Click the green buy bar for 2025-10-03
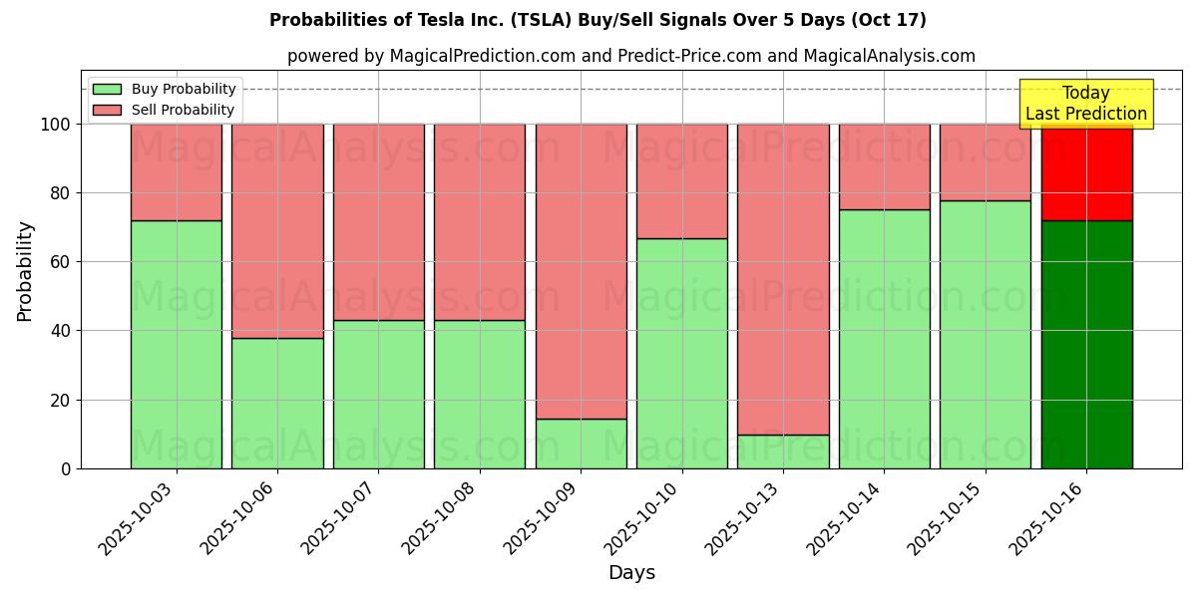tap(177, 344)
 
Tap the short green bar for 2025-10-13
tap(783, 451)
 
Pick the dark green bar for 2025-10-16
tap(1086, 344)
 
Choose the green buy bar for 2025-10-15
tap(985, 334)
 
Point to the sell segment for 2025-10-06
tap(277, 230)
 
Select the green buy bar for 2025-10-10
tap(682, 353)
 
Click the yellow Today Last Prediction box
tap(1086, 104)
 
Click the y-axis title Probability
tap(25, 271)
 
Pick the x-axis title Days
tap(631, 573)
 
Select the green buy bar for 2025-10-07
tap(378, 394)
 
